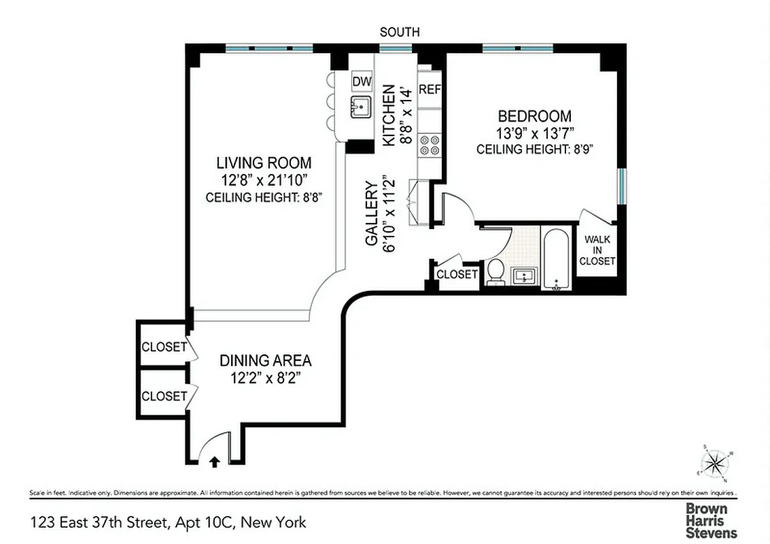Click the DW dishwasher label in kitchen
pos(362,82)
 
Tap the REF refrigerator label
pos(430,89)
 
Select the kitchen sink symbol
pos(361,106)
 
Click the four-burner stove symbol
pos(430,145)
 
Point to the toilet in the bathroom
pos(495,272)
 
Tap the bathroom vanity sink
pos(523,276)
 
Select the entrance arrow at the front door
pos(215,462)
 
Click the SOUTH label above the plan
pos(399,32)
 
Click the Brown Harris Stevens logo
pos(710,520)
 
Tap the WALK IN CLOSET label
pos(597,250)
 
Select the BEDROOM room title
pos(534,116)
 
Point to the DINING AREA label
pos(265,360)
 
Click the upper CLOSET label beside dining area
pos(164,347)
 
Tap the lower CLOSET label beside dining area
pos(164,396)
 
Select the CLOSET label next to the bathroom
pos(457,275)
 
